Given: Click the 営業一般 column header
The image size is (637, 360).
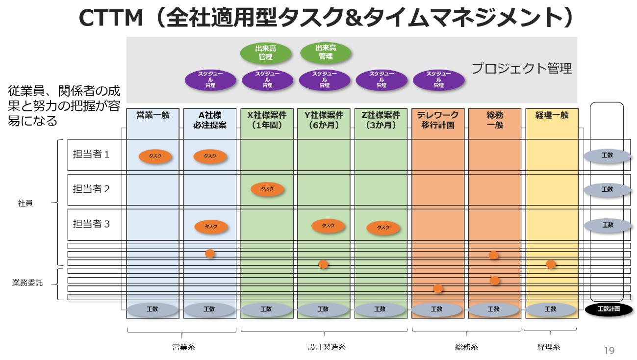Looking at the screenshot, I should pyautogui.click(x=153, y=115).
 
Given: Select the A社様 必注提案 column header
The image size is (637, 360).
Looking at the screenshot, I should pyautogui.click(x=210, y=120).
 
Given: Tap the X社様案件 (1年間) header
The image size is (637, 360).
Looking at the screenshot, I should pyautogui.click(x=267, y=120).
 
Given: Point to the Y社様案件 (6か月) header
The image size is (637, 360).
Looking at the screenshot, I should pyautogui.click(x=324, y=120).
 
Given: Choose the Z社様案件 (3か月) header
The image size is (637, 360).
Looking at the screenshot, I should pyautogui.click(x=381, y=120).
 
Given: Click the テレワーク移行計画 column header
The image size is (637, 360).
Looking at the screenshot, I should pyautogui.click(x=438, y=120).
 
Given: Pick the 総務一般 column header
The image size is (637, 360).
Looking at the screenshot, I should pyautogui.click(x=495, y=120).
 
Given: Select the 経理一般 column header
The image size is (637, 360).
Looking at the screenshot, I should pyautogui.click(x=552, y=115).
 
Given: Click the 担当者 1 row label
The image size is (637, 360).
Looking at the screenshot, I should pyautogui.click(x=91, y=154).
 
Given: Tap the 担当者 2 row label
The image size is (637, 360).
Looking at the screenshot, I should pyautogui.click(x=91, y=189).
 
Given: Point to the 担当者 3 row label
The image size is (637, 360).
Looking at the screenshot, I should pyautogui.click(x=91, y=224).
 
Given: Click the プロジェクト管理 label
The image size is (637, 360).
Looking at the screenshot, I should pyautogui.click(x=522, y=69).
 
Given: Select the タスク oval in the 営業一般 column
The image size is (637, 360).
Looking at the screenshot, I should pyautogui.click(x=155, y=156).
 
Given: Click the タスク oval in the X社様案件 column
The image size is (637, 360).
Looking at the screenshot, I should pyautogui.click(x=267, y=189).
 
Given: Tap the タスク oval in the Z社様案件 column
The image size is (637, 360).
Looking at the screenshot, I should pyautogui.click(x=383, y=228).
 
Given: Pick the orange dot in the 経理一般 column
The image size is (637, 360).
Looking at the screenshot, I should pyautogui.click(x=551, y=264).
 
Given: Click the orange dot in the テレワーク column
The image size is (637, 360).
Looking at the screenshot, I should pyautogui.click(x=438, y=289).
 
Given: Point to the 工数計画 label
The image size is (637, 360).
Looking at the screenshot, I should pyautogui.click(x=609, y=309).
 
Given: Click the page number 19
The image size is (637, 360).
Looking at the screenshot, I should pyautogui.click(x=609, y=350).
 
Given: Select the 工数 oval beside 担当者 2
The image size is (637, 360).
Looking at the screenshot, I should pyautogui.click(x=607, y=189).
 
